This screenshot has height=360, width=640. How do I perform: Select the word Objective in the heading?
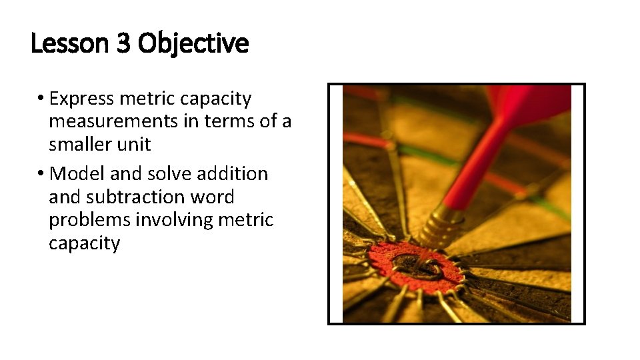click(193, 44)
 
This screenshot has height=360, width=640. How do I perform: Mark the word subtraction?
click(141, 197)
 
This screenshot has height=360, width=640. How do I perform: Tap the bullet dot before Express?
click(41, 99)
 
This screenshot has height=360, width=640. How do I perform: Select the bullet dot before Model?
click(41, 173)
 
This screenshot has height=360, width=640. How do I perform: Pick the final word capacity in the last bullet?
click(84, 243)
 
